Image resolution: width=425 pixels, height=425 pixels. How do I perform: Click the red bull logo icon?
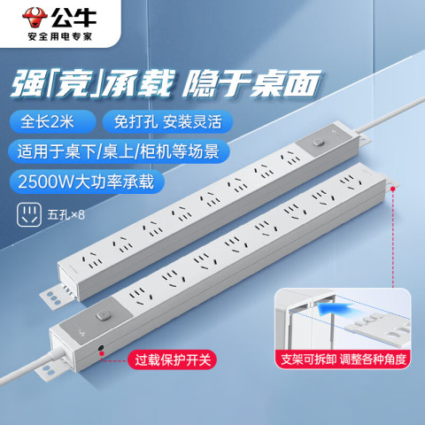pos(35,18)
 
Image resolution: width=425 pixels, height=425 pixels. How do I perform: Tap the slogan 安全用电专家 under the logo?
pos(60,36)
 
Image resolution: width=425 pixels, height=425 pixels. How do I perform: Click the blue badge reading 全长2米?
pos(52,121)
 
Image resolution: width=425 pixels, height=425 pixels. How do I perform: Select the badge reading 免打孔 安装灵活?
pos(167,121)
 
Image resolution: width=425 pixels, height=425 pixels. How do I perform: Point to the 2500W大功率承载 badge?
pos(86,182)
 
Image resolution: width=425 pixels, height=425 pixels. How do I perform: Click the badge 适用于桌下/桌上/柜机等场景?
pos(119,151)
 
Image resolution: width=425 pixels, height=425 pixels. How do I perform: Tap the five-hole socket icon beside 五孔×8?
pos(29,214)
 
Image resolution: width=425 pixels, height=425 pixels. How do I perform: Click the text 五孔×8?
pos(66,214)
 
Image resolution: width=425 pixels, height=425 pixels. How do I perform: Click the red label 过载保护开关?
pos(173,359)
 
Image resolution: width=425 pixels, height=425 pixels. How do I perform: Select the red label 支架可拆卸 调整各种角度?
pos(344,359)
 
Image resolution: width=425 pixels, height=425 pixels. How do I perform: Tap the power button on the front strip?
pos(104,315)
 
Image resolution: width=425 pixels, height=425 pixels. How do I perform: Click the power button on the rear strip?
pos(318,143)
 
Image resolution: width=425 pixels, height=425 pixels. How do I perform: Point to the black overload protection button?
pos(101,349)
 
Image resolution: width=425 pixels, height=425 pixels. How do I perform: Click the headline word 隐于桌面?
pos(251,83)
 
